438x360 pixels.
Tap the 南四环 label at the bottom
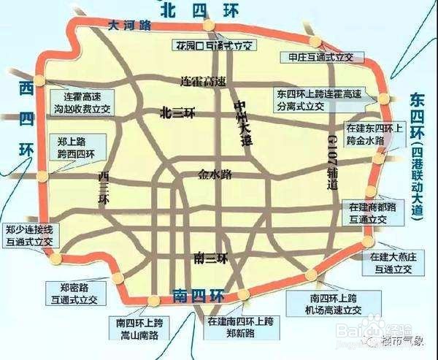pos(199,296)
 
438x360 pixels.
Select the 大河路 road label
pos(128,25)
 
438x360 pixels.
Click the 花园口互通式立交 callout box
pos(213,45)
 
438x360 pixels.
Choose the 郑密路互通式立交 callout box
pos(76,293)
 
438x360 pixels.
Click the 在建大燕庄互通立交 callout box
pos(391,263)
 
